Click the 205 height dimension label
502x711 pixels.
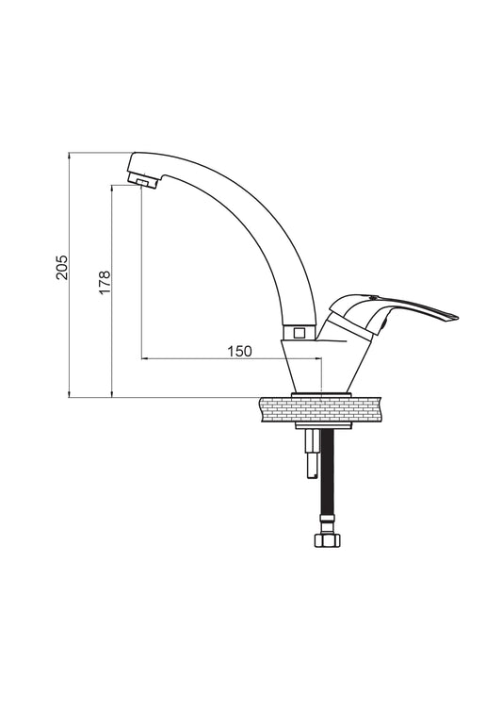(62, 267)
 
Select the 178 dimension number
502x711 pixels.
(105, 282)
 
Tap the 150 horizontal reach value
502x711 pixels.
(239, 351)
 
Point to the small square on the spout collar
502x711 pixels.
(299, 333)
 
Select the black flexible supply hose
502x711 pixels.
(327, 471)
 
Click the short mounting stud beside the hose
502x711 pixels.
(312, 454)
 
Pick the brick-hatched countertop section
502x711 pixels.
(321, 409)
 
